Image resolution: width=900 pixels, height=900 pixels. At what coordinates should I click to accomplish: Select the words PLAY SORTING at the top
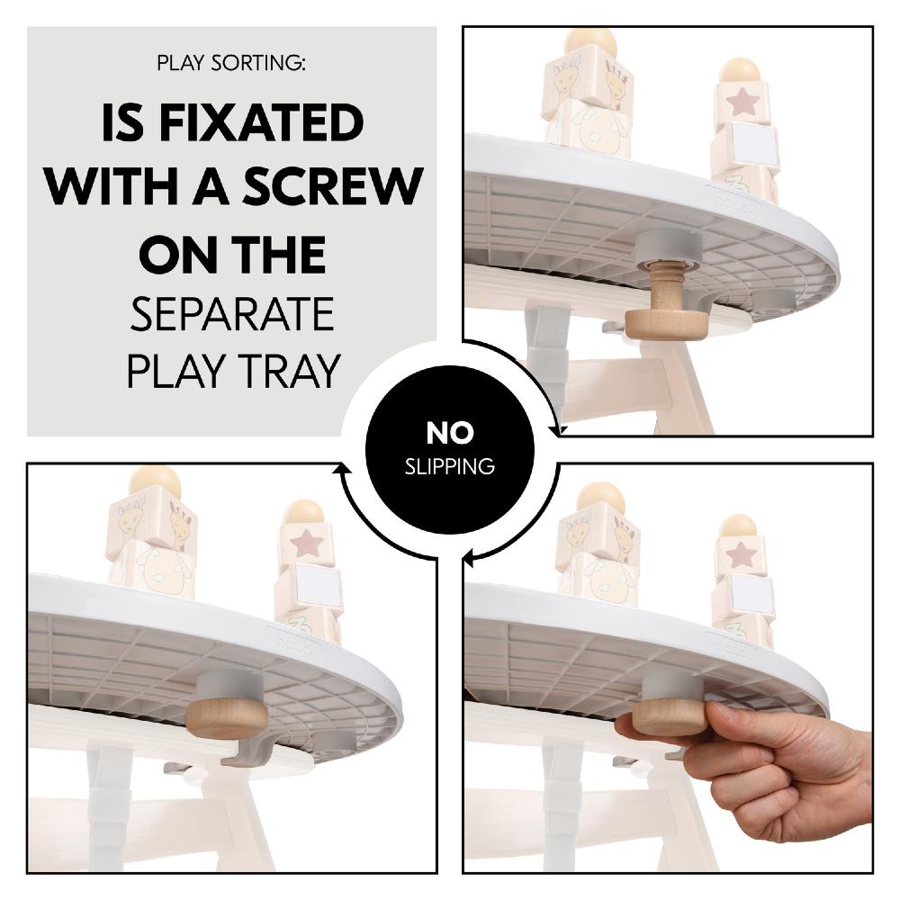(231, 63)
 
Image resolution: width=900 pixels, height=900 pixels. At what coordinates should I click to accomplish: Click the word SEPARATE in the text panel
(232, 316)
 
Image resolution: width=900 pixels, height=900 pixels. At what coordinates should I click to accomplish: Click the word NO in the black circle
(449, 433)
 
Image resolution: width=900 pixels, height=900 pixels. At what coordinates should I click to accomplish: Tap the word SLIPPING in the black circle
(449, 466)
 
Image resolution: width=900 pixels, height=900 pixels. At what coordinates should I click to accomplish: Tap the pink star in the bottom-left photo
(306, 544)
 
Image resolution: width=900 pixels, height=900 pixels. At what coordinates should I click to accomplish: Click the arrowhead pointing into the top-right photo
(557, 430)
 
